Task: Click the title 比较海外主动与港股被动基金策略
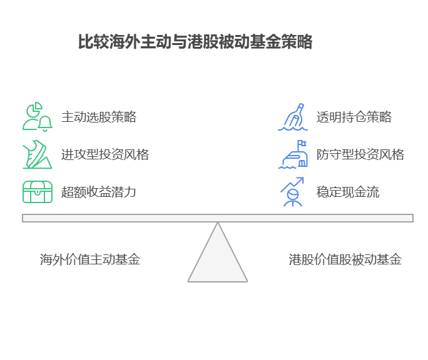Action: tap(195, 42)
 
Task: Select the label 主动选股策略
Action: tap(99, 117)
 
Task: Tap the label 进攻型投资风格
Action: tap(104, 154)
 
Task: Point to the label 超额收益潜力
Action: tap(98, 192)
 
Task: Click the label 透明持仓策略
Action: tap(354, 117)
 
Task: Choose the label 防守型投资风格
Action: tap(360, 154)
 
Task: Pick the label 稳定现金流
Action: tap(347, 192)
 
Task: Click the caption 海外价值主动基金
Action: tap(89, 259)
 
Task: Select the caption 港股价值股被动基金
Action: tap(345, 259)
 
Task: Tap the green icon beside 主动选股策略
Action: tap(37, 117)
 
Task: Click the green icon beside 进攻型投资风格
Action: tap(37, 154)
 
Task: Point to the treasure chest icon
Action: tap(37, 192)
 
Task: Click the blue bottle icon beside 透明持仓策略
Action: tap(293, 117)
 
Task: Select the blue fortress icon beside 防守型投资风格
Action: tap(293, 154)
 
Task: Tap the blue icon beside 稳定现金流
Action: tap(292, 192)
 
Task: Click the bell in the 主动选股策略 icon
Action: tap(45, 124)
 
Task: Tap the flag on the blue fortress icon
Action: tap(302, 144)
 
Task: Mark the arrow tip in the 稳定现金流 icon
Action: tap(302, 179)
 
